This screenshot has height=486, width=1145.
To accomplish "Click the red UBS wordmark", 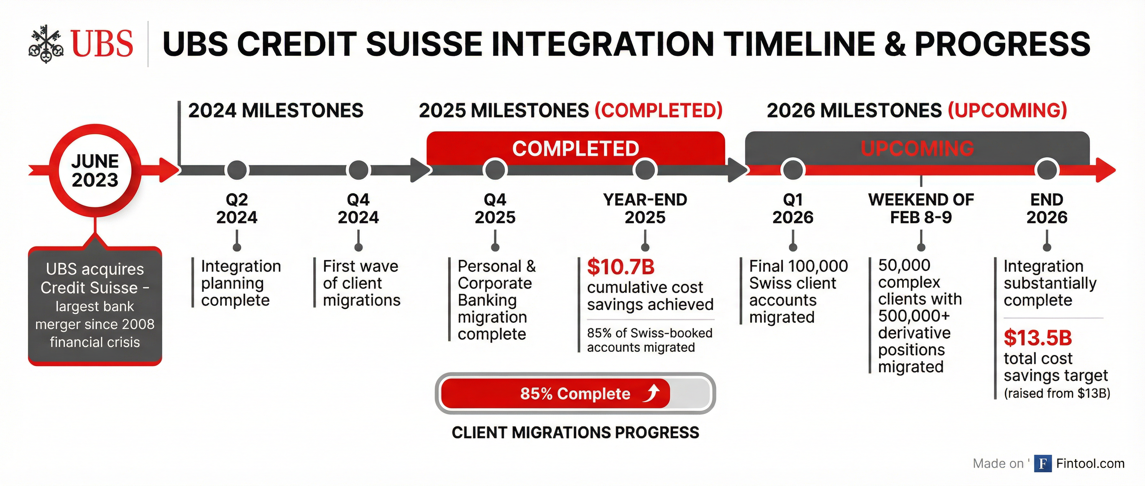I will [x=102, y=44].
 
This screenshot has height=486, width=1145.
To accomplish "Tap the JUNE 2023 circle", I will [x=95, y=170].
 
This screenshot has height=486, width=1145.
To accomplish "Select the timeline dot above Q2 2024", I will [x=237, y=170].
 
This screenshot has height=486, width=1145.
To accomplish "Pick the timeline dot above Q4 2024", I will [x=358, y=170].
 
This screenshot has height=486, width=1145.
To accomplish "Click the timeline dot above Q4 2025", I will [x=495, y=170].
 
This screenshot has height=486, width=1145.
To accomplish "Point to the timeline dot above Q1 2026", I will [x=793, y=170].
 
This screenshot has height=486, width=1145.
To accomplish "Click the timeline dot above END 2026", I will [x=1047, y=170].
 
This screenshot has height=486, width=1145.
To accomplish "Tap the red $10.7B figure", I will [x=621, y=267].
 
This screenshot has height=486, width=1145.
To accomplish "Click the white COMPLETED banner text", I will [x=576, y=149].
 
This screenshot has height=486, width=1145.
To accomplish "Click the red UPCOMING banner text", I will [x=917, y=149].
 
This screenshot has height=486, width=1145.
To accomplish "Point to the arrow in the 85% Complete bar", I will [x=652, y=393].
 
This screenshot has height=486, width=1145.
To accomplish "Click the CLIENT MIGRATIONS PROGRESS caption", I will [x=575, y=432].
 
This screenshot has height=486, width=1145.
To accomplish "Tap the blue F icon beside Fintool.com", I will [x=1042, y=463].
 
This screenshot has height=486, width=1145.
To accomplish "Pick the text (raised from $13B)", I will [x=1056, y=393].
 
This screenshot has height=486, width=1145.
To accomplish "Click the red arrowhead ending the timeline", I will [x=1106, y=170].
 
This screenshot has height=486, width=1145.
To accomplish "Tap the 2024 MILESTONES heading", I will [x=275, y=110].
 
